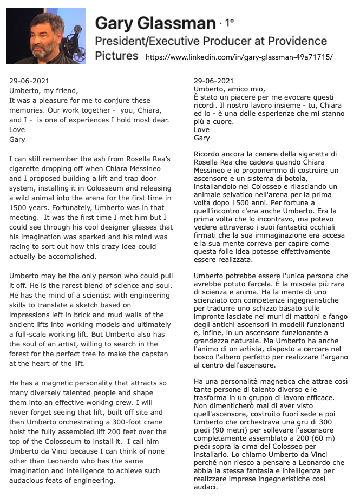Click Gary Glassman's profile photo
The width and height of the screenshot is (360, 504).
coord(46,36)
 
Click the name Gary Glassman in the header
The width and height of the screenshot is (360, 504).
coord(155,23)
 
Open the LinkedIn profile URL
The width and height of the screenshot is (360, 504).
coord(239,56)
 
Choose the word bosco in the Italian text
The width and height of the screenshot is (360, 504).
coord(205,357)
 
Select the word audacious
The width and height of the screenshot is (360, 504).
coord(30,481)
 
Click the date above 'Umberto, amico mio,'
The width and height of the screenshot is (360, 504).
coord(214,81)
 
